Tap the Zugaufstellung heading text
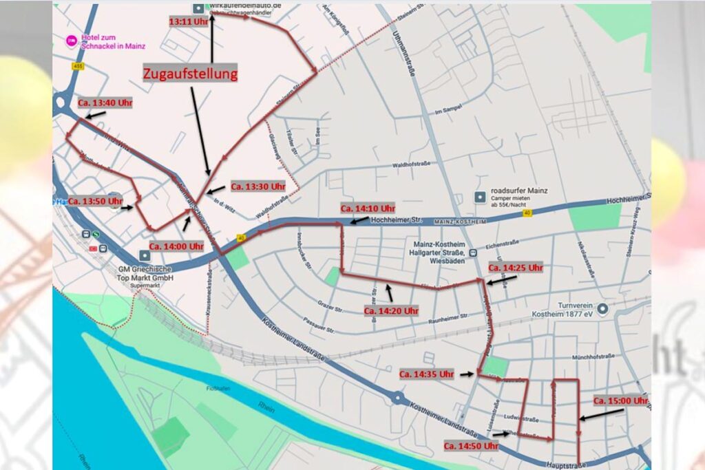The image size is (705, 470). point(190,74)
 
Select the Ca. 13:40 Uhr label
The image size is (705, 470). point(104,103)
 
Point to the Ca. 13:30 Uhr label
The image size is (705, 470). point(257,186)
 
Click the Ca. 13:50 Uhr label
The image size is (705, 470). point(95,201)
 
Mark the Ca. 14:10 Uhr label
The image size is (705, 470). point(368,208)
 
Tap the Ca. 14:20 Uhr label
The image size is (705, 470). point(390,310)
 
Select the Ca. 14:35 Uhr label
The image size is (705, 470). point(426,374)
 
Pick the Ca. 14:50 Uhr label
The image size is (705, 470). point(470,446)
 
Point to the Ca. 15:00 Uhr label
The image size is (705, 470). point(620,400)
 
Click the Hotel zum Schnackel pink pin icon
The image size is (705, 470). point(71,41)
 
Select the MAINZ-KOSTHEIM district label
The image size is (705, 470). point(461,222)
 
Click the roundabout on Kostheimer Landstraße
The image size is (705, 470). point(397,397)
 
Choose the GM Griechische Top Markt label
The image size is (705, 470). point(145,273)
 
